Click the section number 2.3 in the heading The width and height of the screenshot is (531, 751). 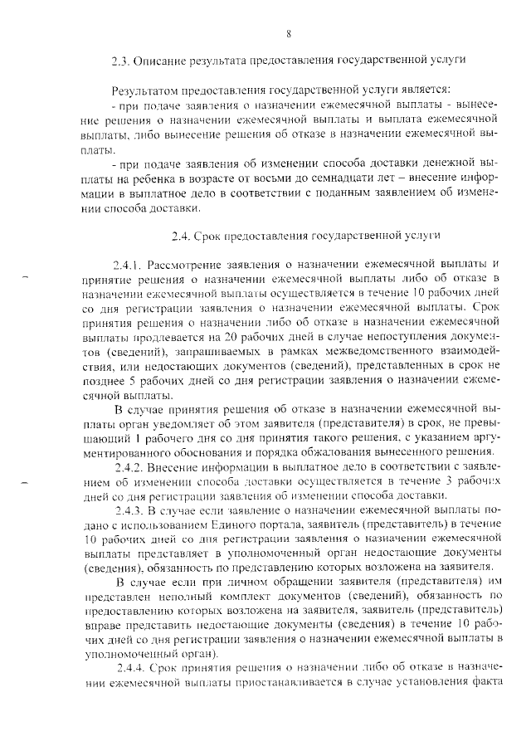click(x=121, y=60)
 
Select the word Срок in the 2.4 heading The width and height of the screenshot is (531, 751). click(x=211, y=236)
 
